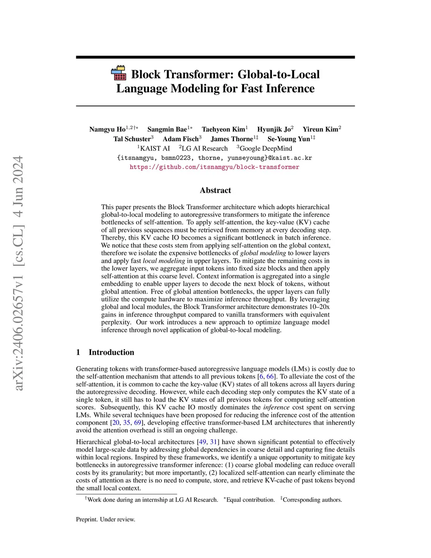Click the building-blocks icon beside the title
pyautogui.click(x=119, y=73)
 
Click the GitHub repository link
pyautogui.click(x=214, y=167)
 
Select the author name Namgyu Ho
pyautogui.click(x=107, y=129)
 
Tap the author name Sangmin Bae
pyautogui.click(x=167, y=129)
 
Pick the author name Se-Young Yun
pyautogui.click(x=288, y=139)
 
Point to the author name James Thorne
pyautogui.click(x=231, y=139)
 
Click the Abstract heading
pyautogui.click(x=215, y=190)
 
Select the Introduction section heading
pyautogui.click(x=111, y=352)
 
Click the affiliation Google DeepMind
pyautogui.click(x=266, y=148)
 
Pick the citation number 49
pyautogui.click(x=202, y=442)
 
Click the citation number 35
pyautogui.click(x=127, y=422)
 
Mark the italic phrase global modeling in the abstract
pyautogui.click(x=263, y=253)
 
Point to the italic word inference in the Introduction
pyautogui.click(x=276, y=407)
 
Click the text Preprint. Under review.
pyautogui.click(x=106, y=519)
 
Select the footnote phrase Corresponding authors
pyautogui.click(x=312, y=500)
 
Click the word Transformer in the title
pyautogui.click(x=197, y=75)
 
